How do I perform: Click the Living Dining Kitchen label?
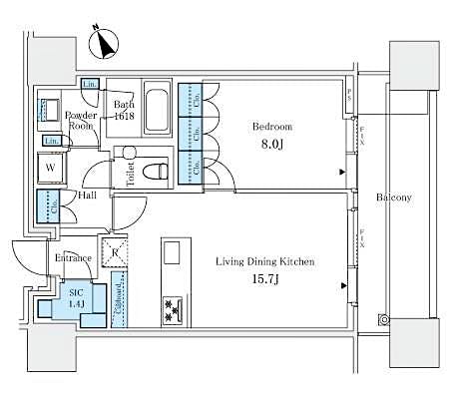tap(265, 261)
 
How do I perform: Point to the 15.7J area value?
tap(265, 279)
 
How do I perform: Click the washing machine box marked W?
tap(50, 170)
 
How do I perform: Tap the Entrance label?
tap(73, 258)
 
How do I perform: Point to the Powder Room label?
tap(80, 122)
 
